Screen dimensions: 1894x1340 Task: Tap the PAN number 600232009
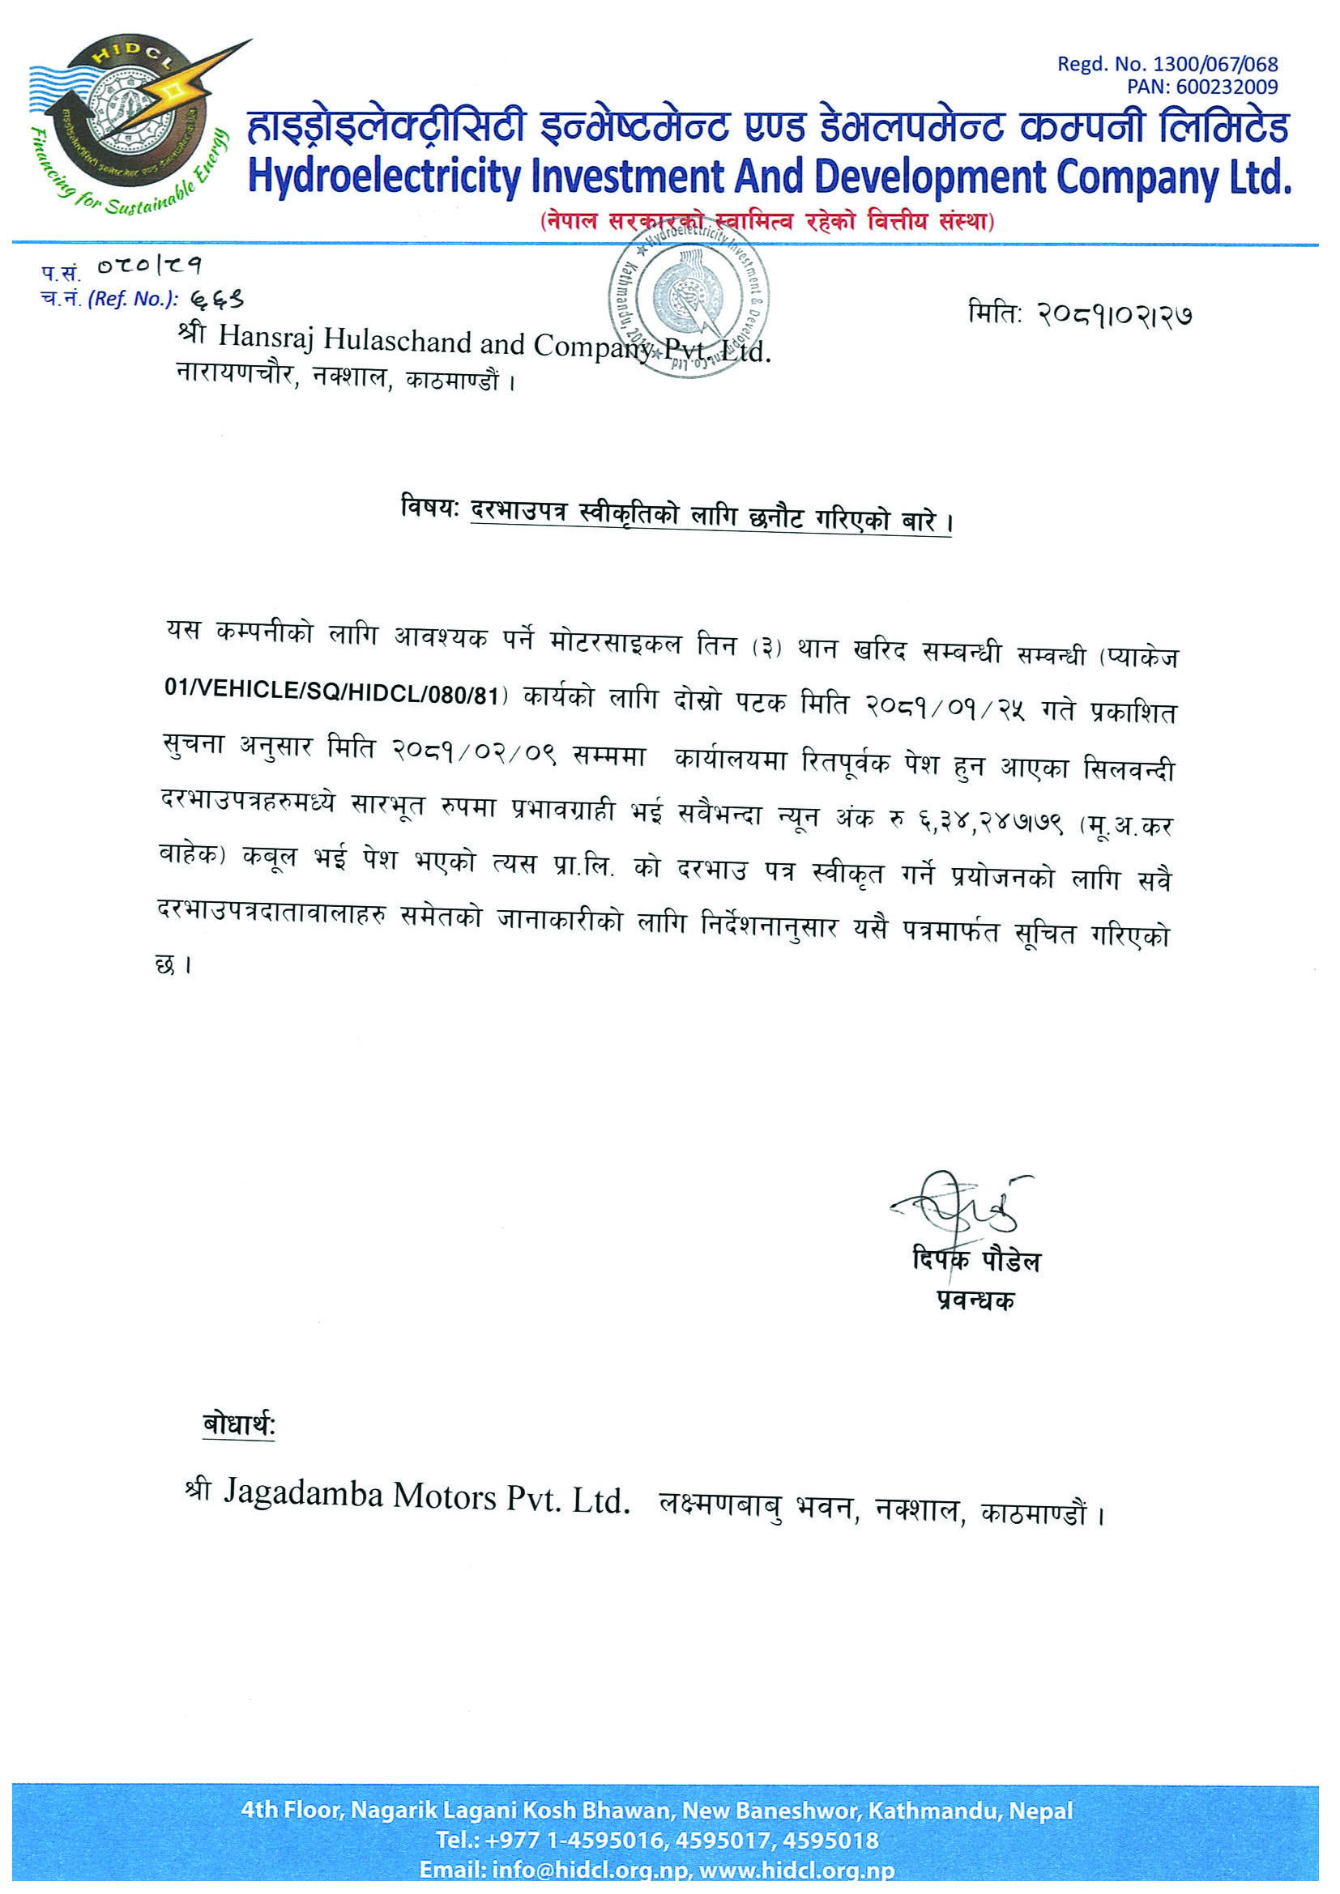click(1227, 87)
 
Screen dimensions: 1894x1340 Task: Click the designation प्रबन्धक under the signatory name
click(975, 1301)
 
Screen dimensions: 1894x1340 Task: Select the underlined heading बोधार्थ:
click(238, 1424)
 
